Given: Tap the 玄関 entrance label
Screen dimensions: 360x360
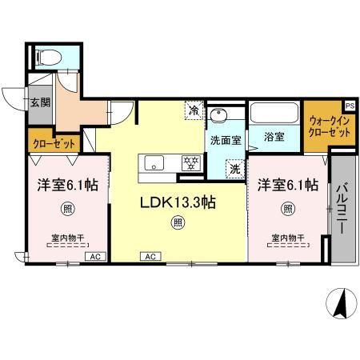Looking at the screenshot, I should [40, 102].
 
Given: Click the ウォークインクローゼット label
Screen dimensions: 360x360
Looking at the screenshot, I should [329, 126].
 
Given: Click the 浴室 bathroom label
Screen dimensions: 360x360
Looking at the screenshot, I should [274, 137].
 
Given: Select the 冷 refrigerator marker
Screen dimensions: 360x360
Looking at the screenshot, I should [194, 111].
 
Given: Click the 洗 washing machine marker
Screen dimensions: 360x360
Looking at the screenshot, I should [234, 168].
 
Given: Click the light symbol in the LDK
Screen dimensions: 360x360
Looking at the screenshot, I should [178, 224].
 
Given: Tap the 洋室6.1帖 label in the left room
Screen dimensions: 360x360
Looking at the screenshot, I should [67, 185].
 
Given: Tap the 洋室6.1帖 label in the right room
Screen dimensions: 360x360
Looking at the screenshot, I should [287, 185].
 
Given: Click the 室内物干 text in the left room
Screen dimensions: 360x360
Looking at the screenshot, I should [67, 237].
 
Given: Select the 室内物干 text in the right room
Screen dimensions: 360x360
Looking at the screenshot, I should [287, 237].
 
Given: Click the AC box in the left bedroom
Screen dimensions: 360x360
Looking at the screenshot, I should [94, 256].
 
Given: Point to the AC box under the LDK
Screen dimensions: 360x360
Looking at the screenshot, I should [149, 256].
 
